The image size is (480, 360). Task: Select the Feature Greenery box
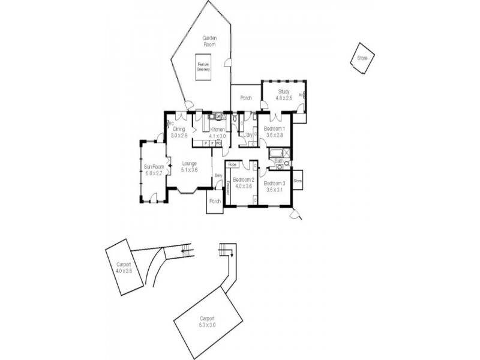pos(203,67)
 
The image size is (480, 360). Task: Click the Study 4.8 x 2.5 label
pos(283,94)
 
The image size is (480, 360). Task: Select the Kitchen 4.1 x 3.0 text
pos(217,133)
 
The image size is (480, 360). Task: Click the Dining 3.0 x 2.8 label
pos(179,132)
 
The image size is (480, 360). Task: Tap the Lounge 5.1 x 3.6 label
pos(190,166)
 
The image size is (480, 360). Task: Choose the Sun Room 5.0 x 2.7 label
pos(154,170)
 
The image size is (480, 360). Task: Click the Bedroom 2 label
pos(244,183)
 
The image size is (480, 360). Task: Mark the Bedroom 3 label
pos(275,186)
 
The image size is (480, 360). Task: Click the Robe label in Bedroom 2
pos(233,164)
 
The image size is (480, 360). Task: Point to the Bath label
pos(279,161)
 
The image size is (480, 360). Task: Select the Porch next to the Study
pos(245,98)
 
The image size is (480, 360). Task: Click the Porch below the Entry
pos(214,202)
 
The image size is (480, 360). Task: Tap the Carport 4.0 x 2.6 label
pos(123,268)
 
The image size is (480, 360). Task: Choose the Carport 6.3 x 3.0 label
pos(206,322)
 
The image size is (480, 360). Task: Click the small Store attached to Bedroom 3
pos(298,179)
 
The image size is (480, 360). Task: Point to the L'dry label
pos(247,135)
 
